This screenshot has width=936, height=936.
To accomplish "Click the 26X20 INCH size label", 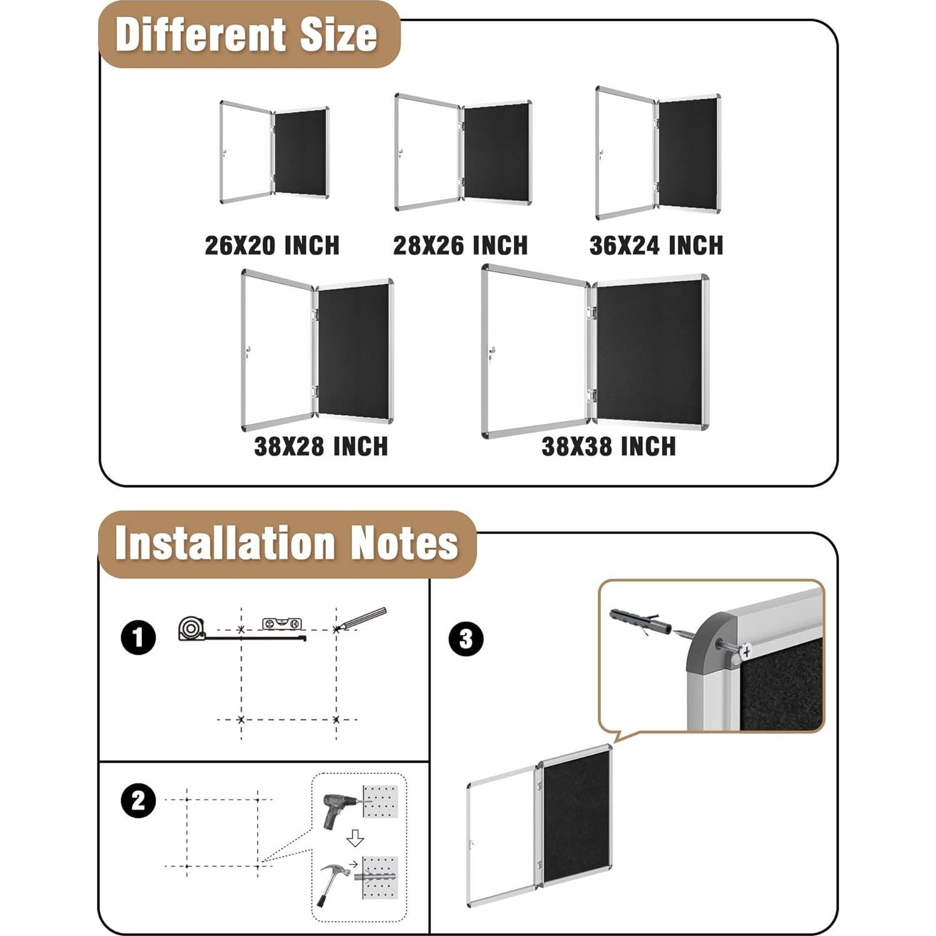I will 272,245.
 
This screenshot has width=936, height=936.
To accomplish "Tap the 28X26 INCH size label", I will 460,245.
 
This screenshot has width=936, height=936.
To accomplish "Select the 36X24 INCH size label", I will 656,245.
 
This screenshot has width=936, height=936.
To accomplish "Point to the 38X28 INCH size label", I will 321,446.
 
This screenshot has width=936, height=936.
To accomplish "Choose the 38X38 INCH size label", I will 608,446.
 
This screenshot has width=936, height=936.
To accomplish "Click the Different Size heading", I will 247,35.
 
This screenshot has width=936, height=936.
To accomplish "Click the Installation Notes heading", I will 287,543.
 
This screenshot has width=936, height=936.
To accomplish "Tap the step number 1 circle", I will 138,638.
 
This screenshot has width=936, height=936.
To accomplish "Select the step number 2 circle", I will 138,801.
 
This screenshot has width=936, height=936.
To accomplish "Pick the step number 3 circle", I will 466,639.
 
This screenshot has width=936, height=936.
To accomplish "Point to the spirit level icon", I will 282,623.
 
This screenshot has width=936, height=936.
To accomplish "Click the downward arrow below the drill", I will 355,838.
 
